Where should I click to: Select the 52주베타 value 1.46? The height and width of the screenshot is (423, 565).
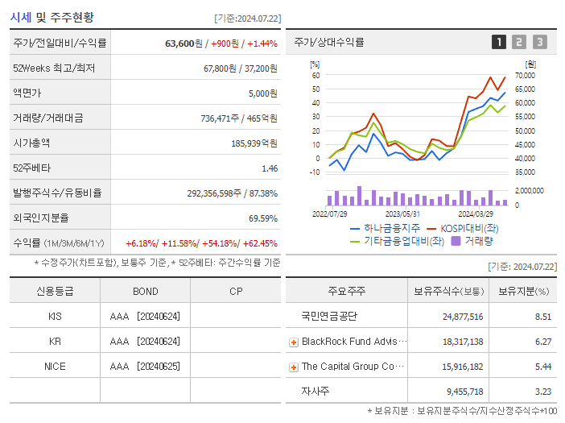(x=269, y=168)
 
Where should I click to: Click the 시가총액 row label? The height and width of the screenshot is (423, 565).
(x=31, y=143)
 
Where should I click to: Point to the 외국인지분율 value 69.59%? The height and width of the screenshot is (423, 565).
(x=262, y=218)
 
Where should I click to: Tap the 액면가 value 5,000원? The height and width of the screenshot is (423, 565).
(x=262, y=93)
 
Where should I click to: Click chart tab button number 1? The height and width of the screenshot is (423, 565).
(x=499, y=42)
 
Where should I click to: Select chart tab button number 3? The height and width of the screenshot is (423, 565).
(x=539, y=42)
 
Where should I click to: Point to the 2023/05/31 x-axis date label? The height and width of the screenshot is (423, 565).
(x=402, y=214)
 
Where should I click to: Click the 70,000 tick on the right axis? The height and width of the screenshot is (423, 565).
(x=524, y=75)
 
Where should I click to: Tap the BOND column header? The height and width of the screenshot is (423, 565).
(x=145, y=291)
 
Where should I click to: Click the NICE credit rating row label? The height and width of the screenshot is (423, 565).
(x=55, y=367)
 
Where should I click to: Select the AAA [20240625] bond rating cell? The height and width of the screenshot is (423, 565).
(x=145, y=367)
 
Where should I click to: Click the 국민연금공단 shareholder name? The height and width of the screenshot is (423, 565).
(x=328, y=317)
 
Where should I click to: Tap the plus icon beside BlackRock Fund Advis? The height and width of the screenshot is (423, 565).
(x=294, y=342)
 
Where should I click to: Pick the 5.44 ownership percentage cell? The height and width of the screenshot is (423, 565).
(x=543, y=367)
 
